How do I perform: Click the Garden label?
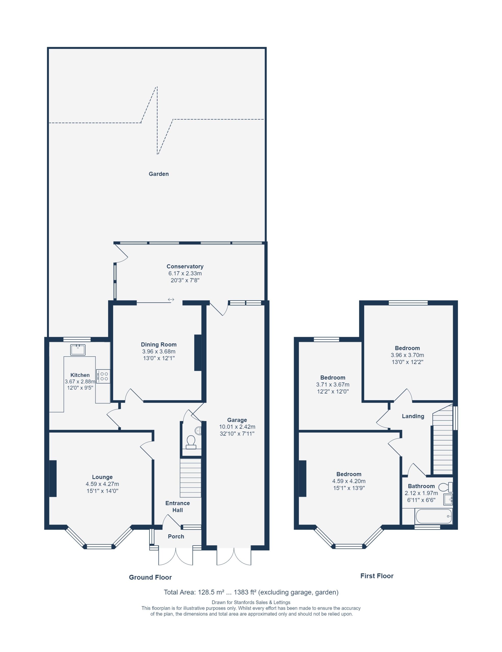coord(158,174)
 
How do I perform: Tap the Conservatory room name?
coord(185,266)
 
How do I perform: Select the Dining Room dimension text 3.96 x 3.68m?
coord(158,351)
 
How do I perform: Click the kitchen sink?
coord(78,350)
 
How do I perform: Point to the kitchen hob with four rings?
coord(103,376)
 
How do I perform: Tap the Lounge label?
coord(102,477)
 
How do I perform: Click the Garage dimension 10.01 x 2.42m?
coord(237,427)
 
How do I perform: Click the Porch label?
coord(176,536)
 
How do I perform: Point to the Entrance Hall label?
coord(177,507)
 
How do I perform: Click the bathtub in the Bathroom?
coord(433,517)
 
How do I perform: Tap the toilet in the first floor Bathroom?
coord(446,487)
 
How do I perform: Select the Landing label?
coord(413,416)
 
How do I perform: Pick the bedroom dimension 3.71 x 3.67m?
coord(333,385)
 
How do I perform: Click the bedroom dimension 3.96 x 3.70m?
coord(407,355)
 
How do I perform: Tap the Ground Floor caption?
coord(150,577)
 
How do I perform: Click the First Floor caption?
coord(377,576)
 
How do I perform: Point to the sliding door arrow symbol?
coord(171,300)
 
